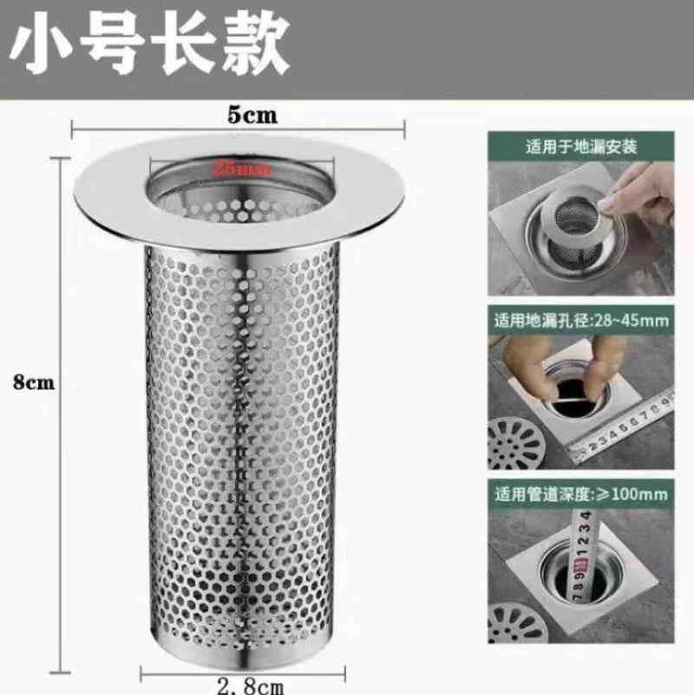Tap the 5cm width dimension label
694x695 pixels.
253,115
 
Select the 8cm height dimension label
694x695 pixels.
34,382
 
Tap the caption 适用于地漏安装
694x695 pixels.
581,146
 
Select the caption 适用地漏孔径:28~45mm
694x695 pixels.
581,321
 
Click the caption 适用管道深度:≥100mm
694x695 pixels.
581,495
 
